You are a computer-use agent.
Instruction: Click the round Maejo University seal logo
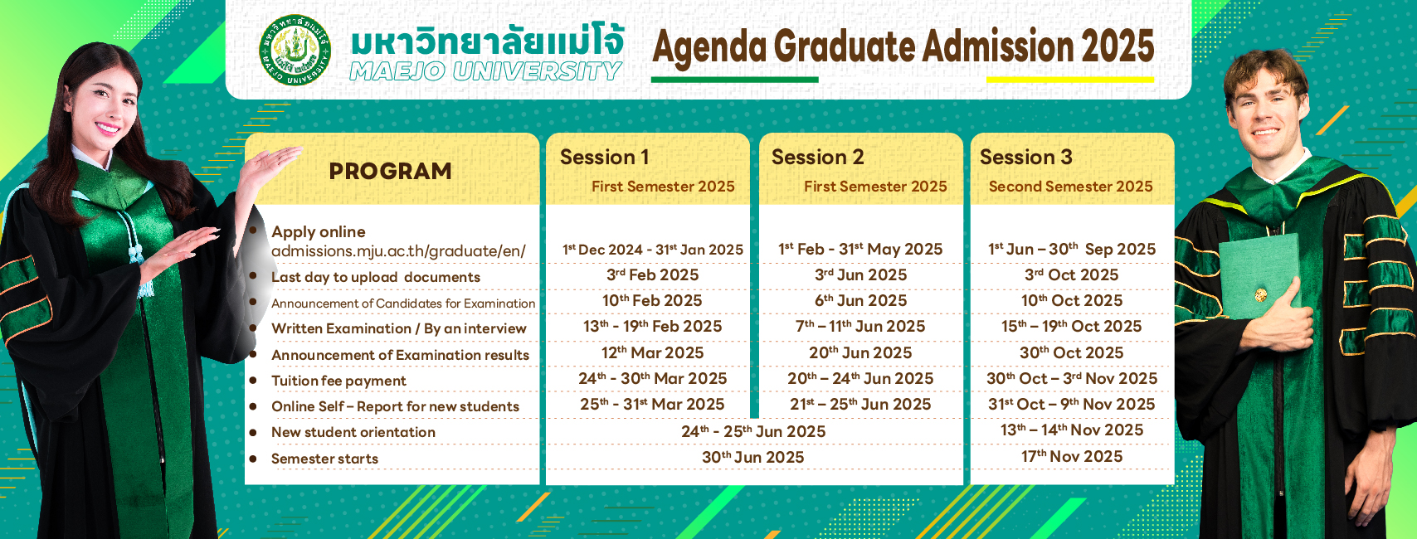click(295, 50)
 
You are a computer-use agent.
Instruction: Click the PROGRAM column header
click(390, 171)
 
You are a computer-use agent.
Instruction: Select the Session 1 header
click(605, 157)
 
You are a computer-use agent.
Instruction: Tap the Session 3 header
click(1026, 157)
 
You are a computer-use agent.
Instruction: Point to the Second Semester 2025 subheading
click(1071, 187)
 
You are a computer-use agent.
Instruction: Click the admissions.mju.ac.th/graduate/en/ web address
click(398, 251)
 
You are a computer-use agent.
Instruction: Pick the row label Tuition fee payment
click(338, 381)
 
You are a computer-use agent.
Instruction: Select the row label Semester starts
click(324, 459)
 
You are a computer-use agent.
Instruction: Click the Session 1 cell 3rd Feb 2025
click(652, 274)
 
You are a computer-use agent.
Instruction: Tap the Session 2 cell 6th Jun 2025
click(860, 300)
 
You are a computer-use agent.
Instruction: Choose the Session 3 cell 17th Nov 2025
click(1072, 456)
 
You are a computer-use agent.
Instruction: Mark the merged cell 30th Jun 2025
click(752, 457)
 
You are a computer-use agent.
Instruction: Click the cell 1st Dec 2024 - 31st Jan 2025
click(653, 250)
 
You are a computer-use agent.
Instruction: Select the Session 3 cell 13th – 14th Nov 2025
click(1072, 430)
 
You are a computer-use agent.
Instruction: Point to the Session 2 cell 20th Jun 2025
click(860, 352)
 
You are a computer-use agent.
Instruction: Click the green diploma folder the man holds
click(1259, 276)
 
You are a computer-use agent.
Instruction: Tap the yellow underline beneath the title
click(1070, 80)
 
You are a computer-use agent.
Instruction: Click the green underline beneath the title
click(734, 80)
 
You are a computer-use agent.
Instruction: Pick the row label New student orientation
click(353, 432)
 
